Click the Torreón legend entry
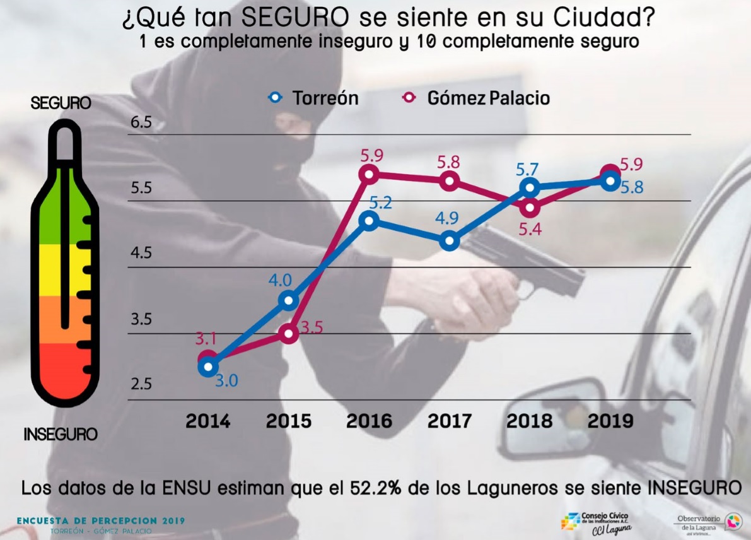313,98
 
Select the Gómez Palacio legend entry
477,98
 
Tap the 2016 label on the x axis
370,421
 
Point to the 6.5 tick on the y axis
142,122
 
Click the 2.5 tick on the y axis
142,384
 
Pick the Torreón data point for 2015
289,300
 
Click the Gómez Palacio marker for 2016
369,174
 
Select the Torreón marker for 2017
449,241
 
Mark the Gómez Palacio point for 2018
530,207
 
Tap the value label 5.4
529,229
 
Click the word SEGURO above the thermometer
61,103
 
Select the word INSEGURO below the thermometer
61,435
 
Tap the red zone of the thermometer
63,372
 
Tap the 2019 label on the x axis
610,421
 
